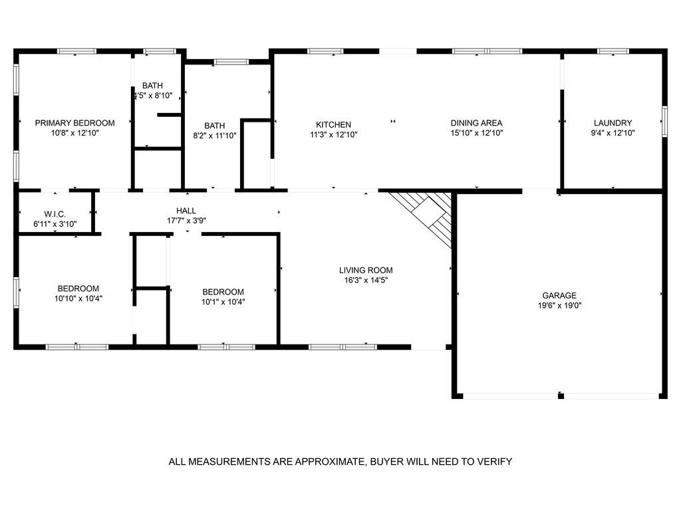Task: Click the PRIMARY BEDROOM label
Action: click(x=74, y=123)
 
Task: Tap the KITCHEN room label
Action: click(x=333, y=125)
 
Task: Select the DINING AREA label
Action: click(x=476, y=123)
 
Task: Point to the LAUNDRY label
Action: click(x=613, y=123)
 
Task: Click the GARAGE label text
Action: click(x=559, y=296)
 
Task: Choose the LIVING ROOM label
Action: click(x=366, y=270)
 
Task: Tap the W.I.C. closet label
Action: click(x=55, y=214)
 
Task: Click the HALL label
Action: click(x=186, y=211)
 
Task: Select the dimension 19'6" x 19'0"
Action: click(x=559, y=306)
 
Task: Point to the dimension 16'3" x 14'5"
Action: click(x=366, y=280)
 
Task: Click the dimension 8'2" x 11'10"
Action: click(x=214, y=135)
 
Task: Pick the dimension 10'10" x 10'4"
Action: click(x=78, y=299)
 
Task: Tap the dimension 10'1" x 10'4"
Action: click(x=223, y=302)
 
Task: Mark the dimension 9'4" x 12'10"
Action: click(x=613, y=133)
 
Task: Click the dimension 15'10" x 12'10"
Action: click(x=476, y=133)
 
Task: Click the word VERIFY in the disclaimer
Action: click(x=495, y=461)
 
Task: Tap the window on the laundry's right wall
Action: click(x=664, y=122)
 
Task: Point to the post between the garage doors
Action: click(x=561, y=396)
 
